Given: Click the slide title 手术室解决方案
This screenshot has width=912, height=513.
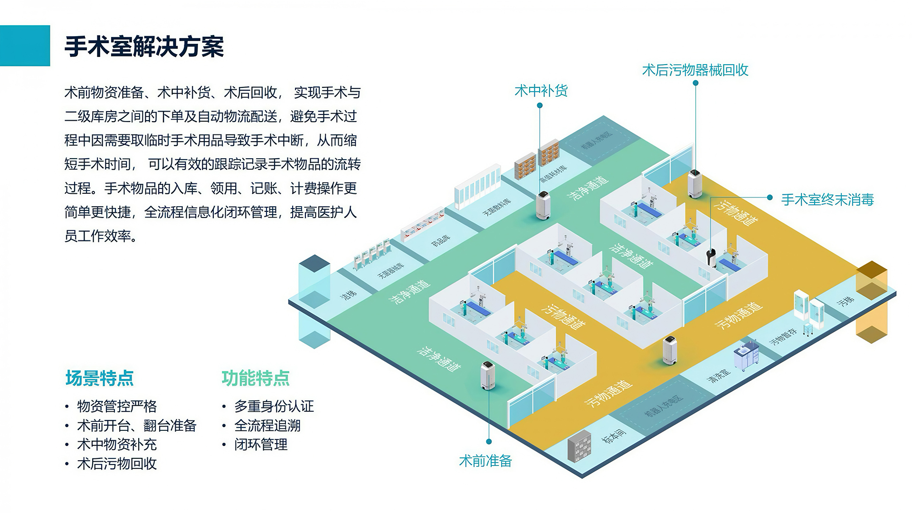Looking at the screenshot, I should pos(144,47).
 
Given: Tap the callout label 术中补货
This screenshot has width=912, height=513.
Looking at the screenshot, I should pos(541,91).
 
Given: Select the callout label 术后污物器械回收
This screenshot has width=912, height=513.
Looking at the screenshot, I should pos(695,70).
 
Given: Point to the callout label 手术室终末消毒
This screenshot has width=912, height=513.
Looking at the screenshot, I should pos(827,199).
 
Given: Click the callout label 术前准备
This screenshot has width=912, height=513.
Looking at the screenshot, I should pos(485,461).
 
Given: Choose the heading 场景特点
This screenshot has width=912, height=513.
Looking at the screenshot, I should pos(99,378).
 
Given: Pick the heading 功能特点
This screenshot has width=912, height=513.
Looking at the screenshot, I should pos(256,378).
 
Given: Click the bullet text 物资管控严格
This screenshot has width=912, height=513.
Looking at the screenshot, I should pos(117,406).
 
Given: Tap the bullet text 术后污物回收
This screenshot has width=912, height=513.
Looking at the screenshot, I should pos(117,464).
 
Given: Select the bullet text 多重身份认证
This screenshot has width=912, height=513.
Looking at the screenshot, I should pos(274,406).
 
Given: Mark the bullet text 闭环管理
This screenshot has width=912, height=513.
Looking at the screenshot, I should pos(261,445).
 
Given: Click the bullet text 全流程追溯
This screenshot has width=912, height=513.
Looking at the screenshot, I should pos(267,426).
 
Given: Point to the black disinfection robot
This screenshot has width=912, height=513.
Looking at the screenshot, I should pos(711,257).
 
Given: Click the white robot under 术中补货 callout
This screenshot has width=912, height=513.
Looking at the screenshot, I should pos(543,205).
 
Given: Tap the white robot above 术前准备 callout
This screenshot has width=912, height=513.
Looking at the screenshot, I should pos(487,376).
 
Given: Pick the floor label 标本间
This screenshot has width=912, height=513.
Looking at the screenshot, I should pos(614,435).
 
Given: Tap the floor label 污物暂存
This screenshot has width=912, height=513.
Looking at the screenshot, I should pos(783,336).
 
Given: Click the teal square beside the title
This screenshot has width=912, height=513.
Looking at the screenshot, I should pos(25,46).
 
